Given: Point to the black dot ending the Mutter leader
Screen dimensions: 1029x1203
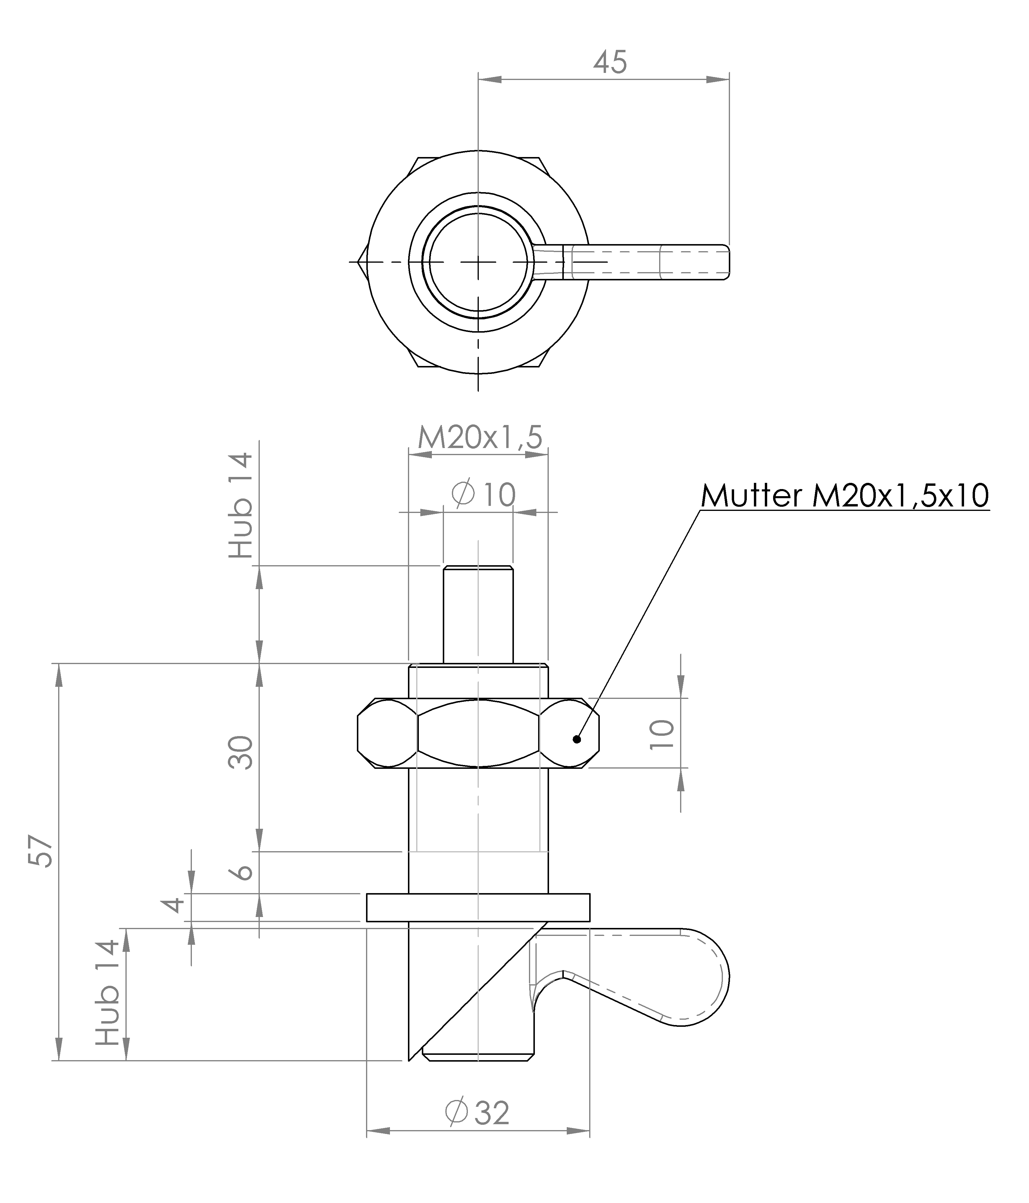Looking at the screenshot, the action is click(x=576, y=739).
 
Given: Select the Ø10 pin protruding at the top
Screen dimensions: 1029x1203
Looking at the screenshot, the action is click(x=478, y=614).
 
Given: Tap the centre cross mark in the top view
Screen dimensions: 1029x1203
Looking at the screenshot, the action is click(x=478, y=262).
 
